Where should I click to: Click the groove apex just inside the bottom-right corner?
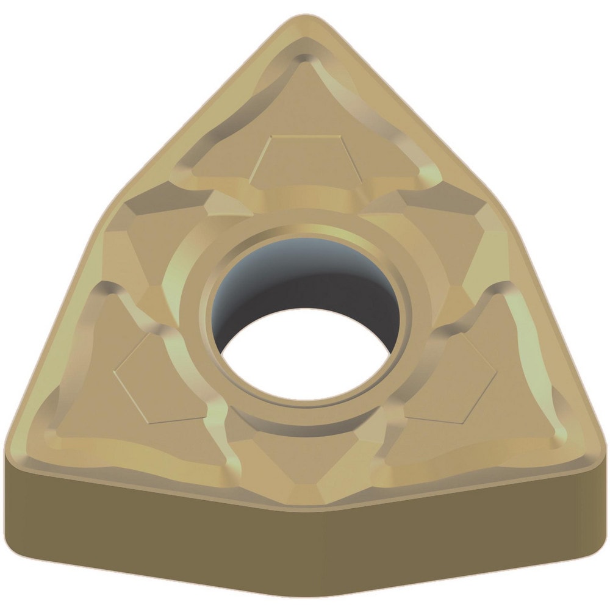click(552, 427)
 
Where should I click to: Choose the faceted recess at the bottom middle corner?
click(305, 464)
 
